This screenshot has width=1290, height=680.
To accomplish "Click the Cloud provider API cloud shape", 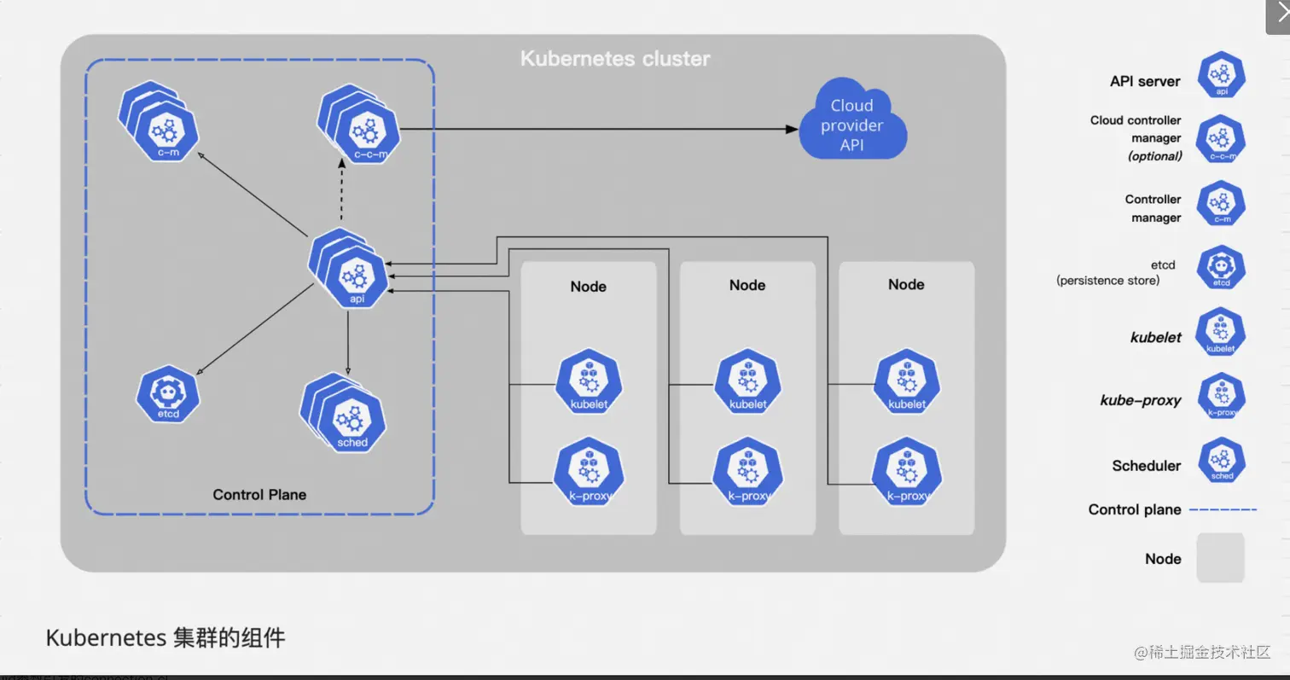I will pyautogui.click(x=852, y=125).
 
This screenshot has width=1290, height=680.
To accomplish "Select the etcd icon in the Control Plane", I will pyautogui.click(x=167, y=395).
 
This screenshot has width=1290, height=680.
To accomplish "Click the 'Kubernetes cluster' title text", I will pyautogui.click(x=614, y=59).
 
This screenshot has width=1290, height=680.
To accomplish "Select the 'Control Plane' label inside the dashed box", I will pyautogui.click(x=259, y=495).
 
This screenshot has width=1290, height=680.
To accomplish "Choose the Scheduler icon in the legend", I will pyautogui.click(x=1222, y=462).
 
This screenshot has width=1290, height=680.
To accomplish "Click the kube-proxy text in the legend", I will pyautogui.click(x=1140, y=400).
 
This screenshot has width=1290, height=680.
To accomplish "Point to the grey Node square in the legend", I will pyautogui.click(x=1220, y=558).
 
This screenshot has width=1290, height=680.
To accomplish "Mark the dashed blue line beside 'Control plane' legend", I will pyautogui.click(x=1223, y=509).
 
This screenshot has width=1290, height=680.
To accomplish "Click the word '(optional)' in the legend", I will pyautogui.click(x=1154, y=156).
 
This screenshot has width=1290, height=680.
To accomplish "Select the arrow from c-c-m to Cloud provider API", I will pyautogui.click(x=597, y=129).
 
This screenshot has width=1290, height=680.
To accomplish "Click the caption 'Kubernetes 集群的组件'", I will pyautogui.click(x=166, y=637).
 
